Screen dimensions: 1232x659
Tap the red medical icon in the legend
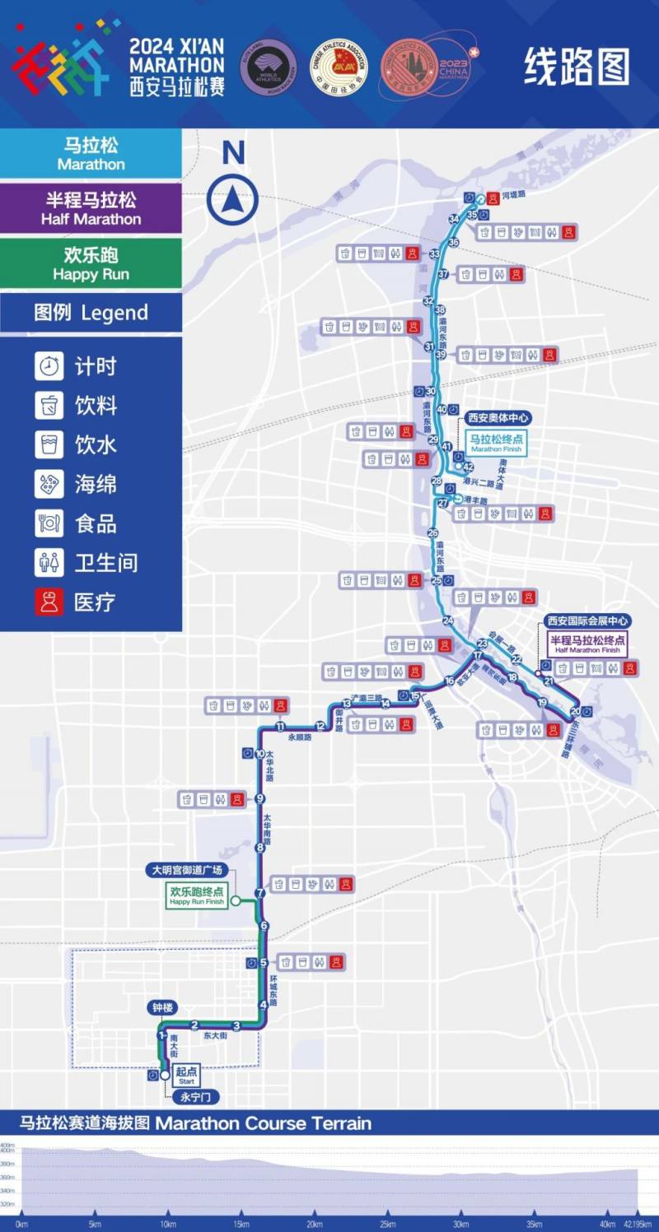click(49, 602)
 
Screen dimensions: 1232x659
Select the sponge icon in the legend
click(49, 484)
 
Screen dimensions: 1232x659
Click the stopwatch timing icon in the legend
click(49, 365)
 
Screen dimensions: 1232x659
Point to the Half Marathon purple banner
click(91, 208)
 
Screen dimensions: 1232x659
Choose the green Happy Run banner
click(91, 263)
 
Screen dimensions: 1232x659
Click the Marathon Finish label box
click(497, 444)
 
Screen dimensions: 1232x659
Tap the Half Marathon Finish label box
click(587, 644)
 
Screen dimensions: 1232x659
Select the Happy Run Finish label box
click(197, 895)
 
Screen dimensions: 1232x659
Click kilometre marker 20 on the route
click(575, 711)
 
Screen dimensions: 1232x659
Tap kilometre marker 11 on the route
click(280, 726)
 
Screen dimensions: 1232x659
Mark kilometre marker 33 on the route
click(434, 253)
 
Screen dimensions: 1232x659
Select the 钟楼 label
click(162, 1007)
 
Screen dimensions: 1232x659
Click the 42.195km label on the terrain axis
click(637, 1224)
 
